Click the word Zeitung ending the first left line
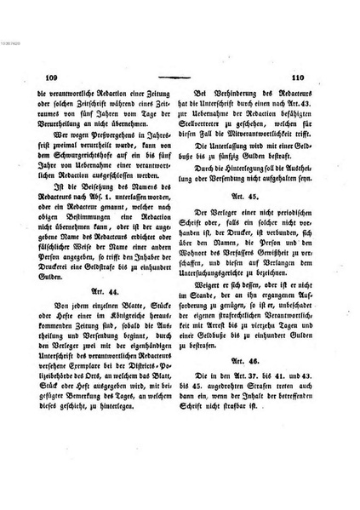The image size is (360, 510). tap(157, 95)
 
